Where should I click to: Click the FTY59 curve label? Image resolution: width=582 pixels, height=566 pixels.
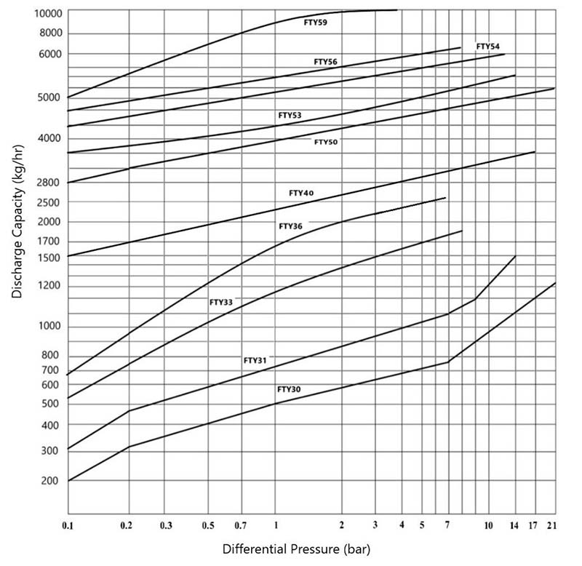point(315,23)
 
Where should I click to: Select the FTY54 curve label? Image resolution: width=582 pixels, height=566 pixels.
point(487,47)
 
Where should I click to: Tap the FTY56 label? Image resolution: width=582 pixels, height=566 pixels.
point(325,62)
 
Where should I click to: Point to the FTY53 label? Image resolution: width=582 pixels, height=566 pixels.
point(290,116)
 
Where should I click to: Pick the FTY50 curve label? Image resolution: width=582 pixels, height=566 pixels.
point(325,142)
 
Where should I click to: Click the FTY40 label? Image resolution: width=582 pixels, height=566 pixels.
point(301,194)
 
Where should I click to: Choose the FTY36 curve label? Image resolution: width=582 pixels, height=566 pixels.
point(291,226)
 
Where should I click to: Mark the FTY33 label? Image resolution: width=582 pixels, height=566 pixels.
point(221,301)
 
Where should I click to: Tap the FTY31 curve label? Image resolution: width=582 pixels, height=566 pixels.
point(255,360)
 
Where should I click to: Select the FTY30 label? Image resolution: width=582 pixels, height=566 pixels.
point(289,389)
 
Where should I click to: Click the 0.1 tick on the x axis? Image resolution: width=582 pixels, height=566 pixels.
point(68,525)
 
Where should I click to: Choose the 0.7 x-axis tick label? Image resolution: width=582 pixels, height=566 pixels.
point(241,525)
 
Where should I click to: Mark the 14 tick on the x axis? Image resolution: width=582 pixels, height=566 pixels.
point(515,525)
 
